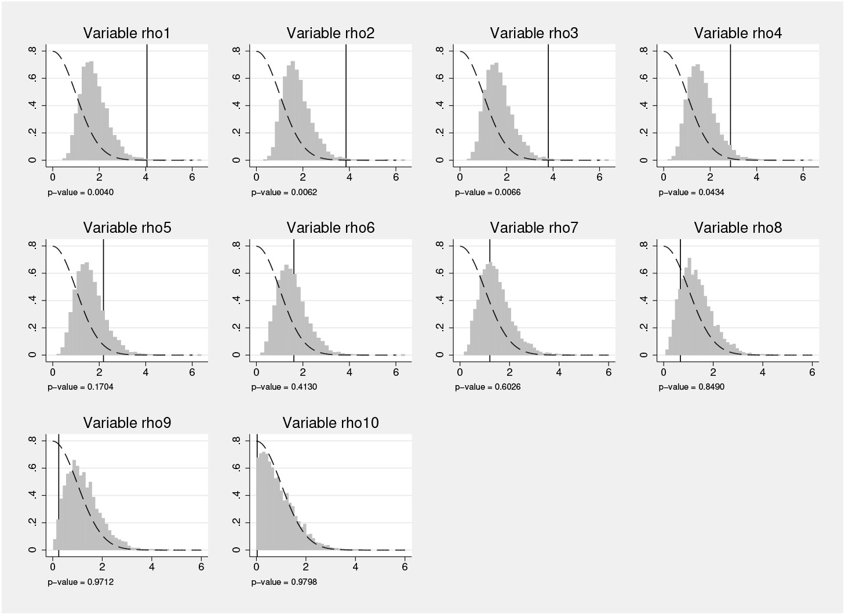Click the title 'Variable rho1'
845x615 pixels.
126,34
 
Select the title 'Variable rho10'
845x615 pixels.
330,423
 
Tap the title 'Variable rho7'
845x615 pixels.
534,228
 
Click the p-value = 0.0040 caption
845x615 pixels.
81,192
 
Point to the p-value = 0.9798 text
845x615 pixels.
284,582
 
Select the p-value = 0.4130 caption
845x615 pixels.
284,387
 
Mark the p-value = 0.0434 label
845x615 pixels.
691,192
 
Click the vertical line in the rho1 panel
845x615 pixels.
147,104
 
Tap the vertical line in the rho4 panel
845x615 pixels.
730,104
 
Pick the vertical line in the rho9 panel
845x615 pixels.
59,492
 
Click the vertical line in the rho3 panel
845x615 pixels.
548,104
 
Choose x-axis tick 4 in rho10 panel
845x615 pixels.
355,567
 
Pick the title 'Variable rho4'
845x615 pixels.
738,34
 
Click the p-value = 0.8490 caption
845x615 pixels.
691,387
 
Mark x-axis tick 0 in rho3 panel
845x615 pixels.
460,177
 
